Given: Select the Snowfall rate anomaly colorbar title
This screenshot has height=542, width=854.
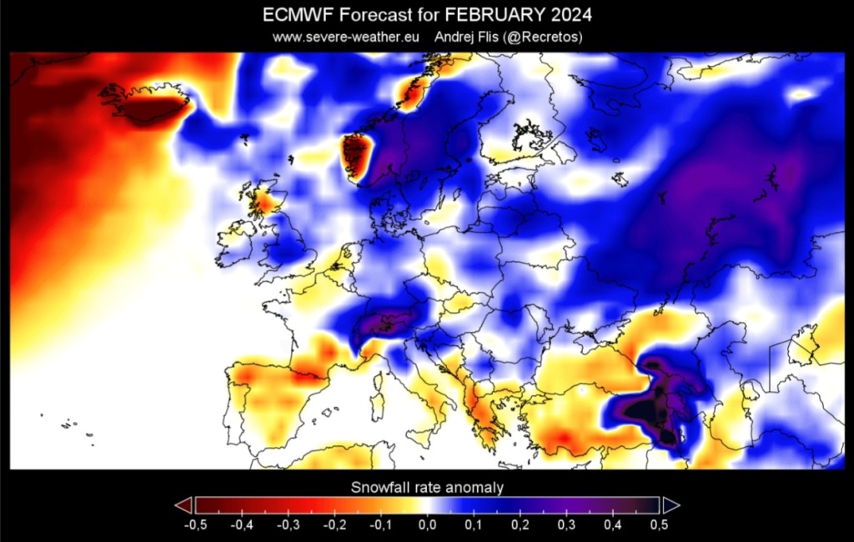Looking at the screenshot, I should pos(427,487).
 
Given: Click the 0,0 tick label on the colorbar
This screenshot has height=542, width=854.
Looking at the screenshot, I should pos(427,525).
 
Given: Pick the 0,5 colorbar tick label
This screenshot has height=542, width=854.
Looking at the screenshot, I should pos(659,525).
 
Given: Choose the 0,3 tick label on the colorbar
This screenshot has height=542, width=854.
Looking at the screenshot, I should pos(566,525).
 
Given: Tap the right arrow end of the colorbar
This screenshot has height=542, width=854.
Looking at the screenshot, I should pos(671,505).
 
